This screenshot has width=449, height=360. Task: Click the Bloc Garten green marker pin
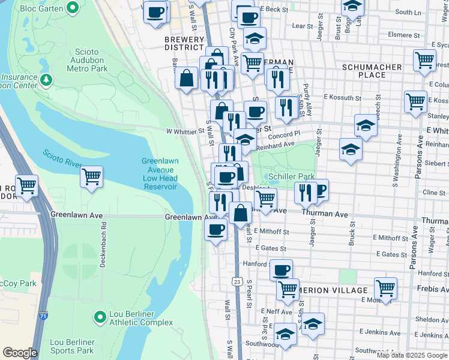click(73, 8)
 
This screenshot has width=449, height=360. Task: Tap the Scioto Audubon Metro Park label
click(91, 61)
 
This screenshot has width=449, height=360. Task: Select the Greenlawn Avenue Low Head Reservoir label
click(160, 173)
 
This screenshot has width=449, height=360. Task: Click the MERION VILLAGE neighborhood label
click(338, 290)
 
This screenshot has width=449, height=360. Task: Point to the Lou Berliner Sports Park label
click(72, 346)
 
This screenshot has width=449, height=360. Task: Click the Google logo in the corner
click(20, 353)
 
